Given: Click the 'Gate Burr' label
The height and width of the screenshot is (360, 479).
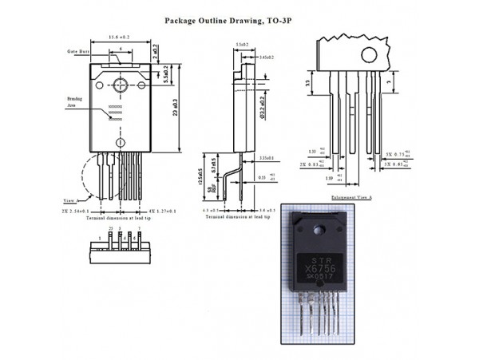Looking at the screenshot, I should [x=77, y=51].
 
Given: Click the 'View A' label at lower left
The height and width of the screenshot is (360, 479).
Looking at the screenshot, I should [x=69, y=200].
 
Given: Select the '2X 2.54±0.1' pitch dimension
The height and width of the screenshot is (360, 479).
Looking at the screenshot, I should [x=84, y=212].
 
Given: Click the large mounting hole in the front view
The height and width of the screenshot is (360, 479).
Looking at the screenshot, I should [x=121, y=85].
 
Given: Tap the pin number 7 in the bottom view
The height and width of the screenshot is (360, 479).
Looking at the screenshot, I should [x=139, y=228].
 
